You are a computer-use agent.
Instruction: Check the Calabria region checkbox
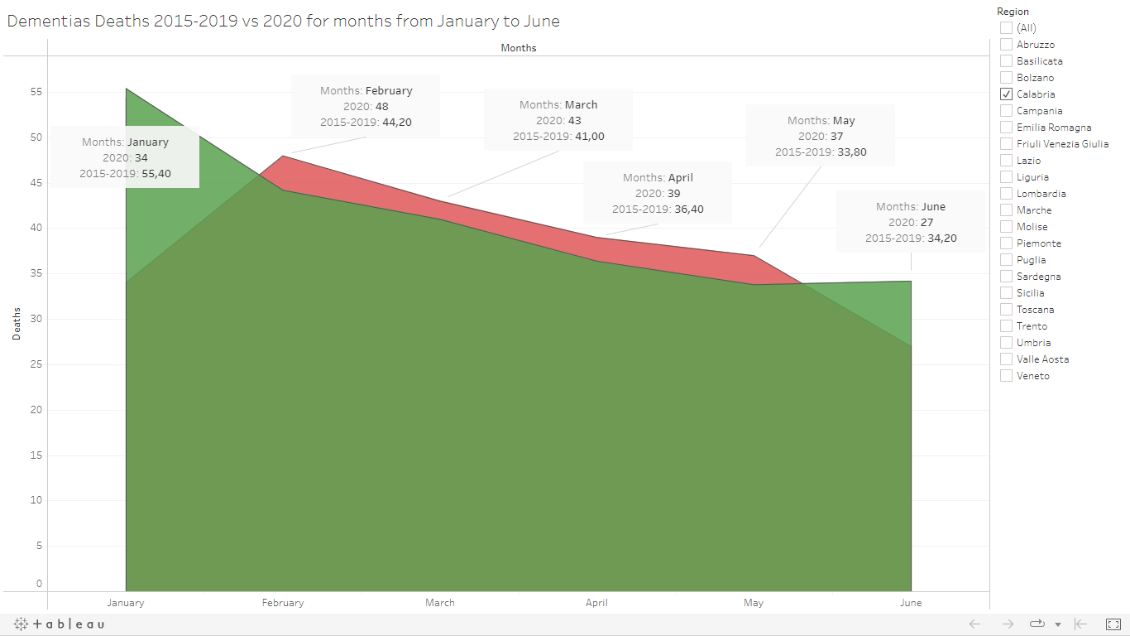coord(1006,94)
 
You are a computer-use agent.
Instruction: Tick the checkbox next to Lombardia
coord(1006,194)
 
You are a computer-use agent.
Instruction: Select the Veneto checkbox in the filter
coord(1006,376)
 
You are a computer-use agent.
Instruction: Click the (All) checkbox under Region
coord(1006,28)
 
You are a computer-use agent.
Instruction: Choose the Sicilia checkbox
coord(1006,293)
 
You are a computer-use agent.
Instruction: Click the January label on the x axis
coord(126,603)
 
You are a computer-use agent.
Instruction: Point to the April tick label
coord(596,603)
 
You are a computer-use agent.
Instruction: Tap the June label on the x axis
coord(910,603)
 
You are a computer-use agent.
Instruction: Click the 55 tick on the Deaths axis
coord(36,92)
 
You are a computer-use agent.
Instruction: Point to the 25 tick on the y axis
coord(36,364)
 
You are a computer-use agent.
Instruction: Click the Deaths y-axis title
coord(17,325)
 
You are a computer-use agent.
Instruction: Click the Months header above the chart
coord(519,48)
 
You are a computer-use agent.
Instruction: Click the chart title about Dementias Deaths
coord(283,22)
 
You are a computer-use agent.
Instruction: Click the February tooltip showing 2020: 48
coord(366,107)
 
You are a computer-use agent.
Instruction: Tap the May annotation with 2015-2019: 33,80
coord(821,137)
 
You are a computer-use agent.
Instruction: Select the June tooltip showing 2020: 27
coord(910,222)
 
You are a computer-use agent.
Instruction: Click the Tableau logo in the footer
coord(60,624)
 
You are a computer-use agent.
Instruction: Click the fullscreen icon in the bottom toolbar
coord(1113,624)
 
